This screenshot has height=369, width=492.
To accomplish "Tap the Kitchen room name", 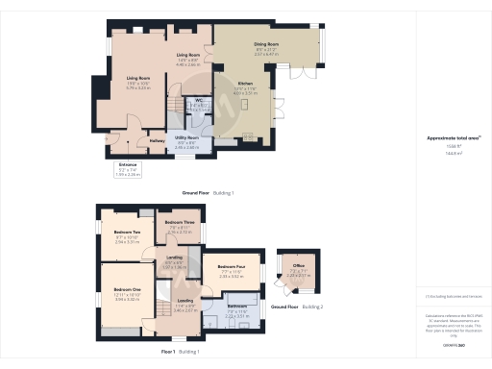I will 246,84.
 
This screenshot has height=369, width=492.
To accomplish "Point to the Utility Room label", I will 186,137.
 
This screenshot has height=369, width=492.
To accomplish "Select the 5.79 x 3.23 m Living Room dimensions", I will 138,86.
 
